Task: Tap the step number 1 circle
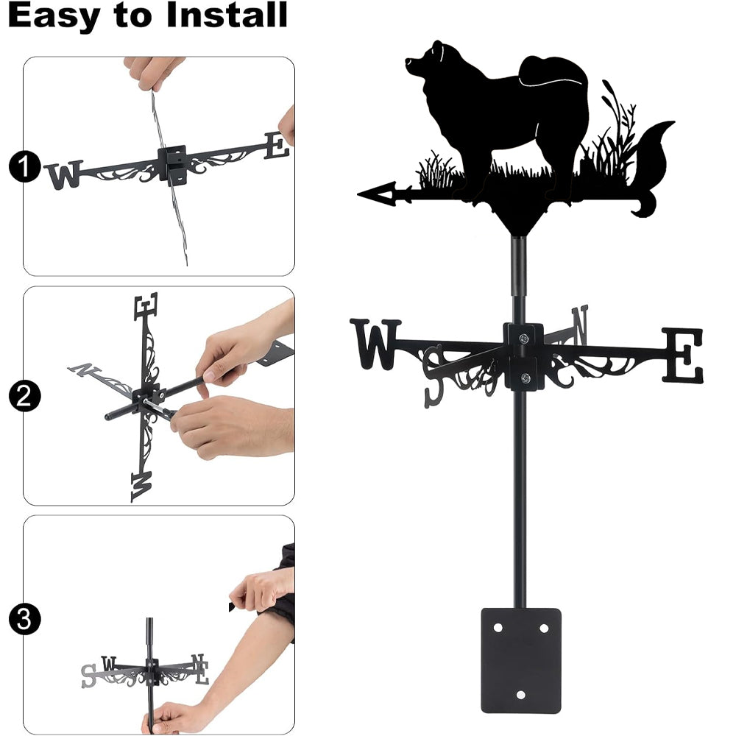24,166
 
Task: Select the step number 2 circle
24,396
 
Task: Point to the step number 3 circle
24,619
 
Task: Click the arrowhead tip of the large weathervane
358,194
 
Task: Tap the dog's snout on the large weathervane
408,62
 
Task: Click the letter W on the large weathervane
375,344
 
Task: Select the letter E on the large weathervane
683,355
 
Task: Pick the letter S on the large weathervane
434,375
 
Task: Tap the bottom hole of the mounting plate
520,695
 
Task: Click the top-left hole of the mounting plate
498,628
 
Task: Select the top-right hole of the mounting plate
544,628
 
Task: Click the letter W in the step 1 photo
65,174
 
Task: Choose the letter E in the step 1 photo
277,146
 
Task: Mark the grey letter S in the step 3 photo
88,676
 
